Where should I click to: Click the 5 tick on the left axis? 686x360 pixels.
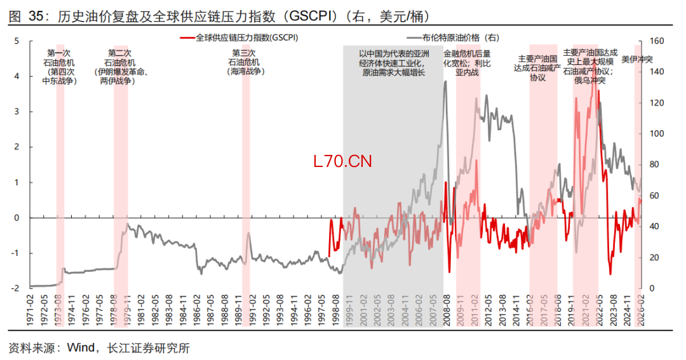coord(17,41)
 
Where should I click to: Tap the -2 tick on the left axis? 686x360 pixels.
coord(15,288)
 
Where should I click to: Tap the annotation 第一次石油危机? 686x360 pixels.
coord(59,67)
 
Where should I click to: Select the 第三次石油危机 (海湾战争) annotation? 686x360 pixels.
coord(245,62)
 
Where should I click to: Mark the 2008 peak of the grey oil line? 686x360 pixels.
coord(445,82)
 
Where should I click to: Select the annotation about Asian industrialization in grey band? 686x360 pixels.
coord(394,64)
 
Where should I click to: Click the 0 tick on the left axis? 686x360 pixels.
coord(17,218)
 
